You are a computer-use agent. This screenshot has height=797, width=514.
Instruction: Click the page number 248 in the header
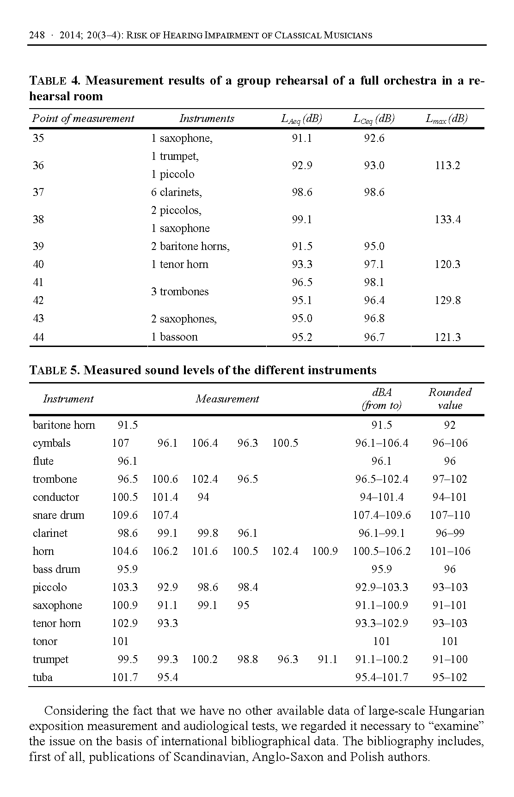(x=37, y=35)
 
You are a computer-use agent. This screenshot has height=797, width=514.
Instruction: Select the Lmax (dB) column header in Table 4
(x=446, y=119)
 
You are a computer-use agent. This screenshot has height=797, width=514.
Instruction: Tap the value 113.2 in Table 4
(x=447, y=165)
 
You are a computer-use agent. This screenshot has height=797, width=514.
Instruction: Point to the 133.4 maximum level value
(x=447, y=219)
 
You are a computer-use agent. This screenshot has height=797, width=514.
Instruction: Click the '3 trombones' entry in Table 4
(x=179, y=292)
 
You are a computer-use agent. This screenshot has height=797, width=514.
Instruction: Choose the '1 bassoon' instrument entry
(x=174, y=337)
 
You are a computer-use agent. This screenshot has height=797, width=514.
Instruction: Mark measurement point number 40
(x=38, y=264)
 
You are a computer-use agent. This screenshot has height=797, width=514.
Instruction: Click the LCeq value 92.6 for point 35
(x=373, y=138)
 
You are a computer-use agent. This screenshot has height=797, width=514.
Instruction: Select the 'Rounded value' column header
(x=449, y=399)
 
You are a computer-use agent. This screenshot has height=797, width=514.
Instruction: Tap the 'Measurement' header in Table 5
(x=227, y=399)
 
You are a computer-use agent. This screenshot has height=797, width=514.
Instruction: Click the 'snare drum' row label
(x=58, y=515)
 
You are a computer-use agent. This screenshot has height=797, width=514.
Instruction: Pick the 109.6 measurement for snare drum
(x=124, y=515)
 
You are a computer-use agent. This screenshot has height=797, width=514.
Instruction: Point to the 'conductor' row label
(x=55, y=497)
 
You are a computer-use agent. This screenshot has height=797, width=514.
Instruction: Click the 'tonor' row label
(x=45, y=641)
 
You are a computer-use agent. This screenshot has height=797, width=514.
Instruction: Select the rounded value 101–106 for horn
(x=449, y=551)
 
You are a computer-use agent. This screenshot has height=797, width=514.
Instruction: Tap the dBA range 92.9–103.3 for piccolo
(x=381, y=587)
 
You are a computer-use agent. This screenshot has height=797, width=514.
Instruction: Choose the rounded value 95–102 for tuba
(x=449, y=677)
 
